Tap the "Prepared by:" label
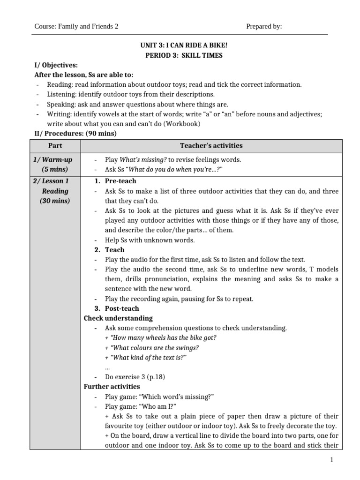264,26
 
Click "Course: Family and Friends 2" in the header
76,26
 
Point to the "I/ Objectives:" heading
56,65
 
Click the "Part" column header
55,146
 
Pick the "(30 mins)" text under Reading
55,201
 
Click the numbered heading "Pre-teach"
120,181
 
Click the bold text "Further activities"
112,387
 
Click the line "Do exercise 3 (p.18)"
135,377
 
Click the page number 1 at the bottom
331,460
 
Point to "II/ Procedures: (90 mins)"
76,134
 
